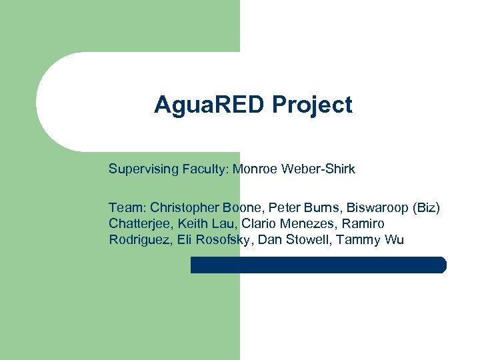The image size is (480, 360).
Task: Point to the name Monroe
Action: point(256,169)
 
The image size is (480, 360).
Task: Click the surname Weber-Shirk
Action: point(318,169)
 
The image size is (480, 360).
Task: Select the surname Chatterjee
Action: point(140,223)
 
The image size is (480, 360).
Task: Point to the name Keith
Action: point(192,223)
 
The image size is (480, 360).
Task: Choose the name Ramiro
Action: point(363,223)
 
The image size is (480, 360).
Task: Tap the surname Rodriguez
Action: point(141,239)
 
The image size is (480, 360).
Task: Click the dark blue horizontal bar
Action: point(318,265)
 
